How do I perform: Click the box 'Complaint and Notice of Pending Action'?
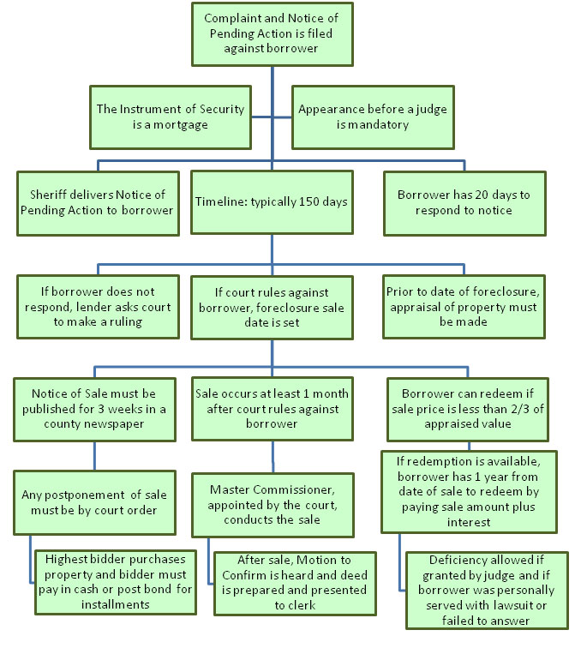click(273, 34)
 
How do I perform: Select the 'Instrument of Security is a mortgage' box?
click(171, 117)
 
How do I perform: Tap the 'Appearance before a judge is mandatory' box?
click(373, 117)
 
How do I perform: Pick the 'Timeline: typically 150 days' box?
click(272, 202)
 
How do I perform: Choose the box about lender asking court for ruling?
click(98, 307)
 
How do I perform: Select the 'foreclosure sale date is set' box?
click(272, 308)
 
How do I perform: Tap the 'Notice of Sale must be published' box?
click(95, 410)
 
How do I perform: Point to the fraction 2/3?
click(521, 409)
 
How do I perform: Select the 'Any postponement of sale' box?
click(95, 502)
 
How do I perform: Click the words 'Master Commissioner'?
click(273, 489)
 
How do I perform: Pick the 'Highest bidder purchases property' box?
click(116, 582)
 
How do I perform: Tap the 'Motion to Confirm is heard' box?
click(295, 584)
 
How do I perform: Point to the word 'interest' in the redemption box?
click(469, 522)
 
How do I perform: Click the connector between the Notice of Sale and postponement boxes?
click(95, 456)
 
